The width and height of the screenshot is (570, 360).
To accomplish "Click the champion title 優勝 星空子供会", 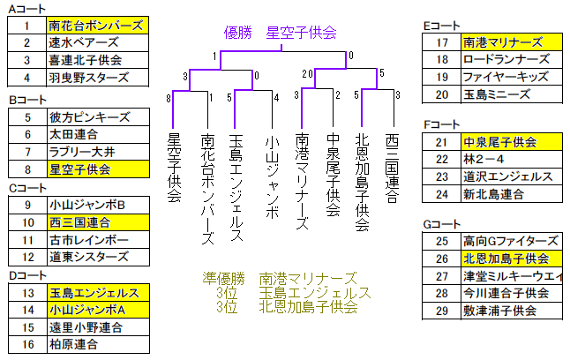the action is (x=281, y=33).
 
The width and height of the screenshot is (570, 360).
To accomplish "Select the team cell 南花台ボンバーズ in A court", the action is (x=97, y=26).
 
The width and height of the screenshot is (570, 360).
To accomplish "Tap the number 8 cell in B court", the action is (x=27, y=169).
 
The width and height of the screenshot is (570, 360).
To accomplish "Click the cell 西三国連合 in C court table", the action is (x=98, y=222).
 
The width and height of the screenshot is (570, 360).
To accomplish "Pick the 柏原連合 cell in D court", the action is (x=98, y=344).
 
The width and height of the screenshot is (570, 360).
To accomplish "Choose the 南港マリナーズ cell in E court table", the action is (x=512, y=42).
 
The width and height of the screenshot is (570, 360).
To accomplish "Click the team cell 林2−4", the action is (x=512, y=160).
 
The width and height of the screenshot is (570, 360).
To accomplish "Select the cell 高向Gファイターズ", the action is (x=512, y=241).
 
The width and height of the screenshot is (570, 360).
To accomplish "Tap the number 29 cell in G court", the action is (x=442, y=311).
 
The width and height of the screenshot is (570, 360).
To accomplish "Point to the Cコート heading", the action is (x=27, y=188).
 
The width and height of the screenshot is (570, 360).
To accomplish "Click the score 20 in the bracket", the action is (x=307, y=74).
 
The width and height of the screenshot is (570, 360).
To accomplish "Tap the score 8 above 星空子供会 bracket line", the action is (x=169, y=98).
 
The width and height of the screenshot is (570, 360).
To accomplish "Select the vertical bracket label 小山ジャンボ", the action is (x=273, y=176).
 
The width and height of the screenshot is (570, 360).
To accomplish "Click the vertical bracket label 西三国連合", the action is (x=393, y=168).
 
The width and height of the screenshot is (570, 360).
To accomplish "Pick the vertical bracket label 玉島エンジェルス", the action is (x=236, y=188).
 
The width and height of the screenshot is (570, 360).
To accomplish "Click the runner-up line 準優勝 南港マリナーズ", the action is (x=280, y=279).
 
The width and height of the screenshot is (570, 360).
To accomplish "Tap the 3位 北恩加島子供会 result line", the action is (x=287, y=307).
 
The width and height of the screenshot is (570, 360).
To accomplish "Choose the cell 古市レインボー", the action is (x=98, y=240).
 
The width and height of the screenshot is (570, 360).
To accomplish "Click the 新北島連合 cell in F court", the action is (x=512, y=194).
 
